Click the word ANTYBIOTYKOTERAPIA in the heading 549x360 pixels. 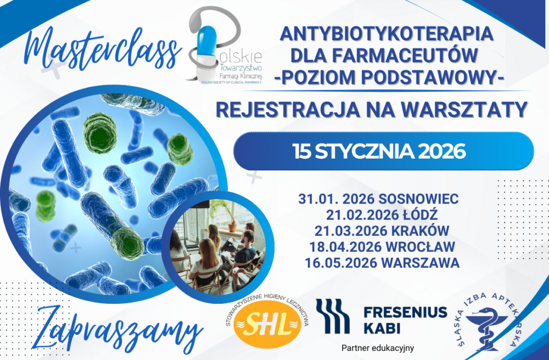[x=387, y=34]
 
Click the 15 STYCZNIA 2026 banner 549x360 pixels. [x=383, y=151]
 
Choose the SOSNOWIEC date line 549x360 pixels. [x=379, y=199]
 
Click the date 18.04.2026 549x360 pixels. [x=345, y=247]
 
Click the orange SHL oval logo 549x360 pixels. [x=267, y=324]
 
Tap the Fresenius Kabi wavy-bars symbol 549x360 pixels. [x=332, y=316]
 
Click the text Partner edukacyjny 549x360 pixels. [x=378, y=348]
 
